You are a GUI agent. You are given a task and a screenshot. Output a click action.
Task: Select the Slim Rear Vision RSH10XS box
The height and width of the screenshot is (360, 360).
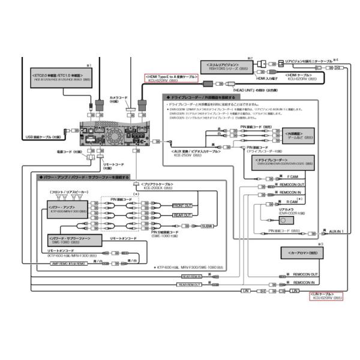(223, 67)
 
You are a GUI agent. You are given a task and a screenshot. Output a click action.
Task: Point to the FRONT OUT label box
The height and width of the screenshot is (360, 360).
(182, 205)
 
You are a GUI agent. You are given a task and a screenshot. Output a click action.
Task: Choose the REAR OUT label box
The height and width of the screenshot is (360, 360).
(182, 215)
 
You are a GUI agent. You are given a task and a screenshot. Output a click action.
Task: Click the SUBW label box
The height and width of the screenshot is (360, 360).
(208, 226)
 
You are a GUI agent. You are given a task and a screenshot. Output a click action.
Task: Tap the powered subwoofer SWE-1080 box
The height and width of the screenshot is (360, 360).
(67, 240)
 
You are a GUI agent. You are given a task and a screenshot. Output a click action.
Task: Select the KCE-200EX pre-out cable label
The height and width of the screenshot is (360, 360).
(152, 186)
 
